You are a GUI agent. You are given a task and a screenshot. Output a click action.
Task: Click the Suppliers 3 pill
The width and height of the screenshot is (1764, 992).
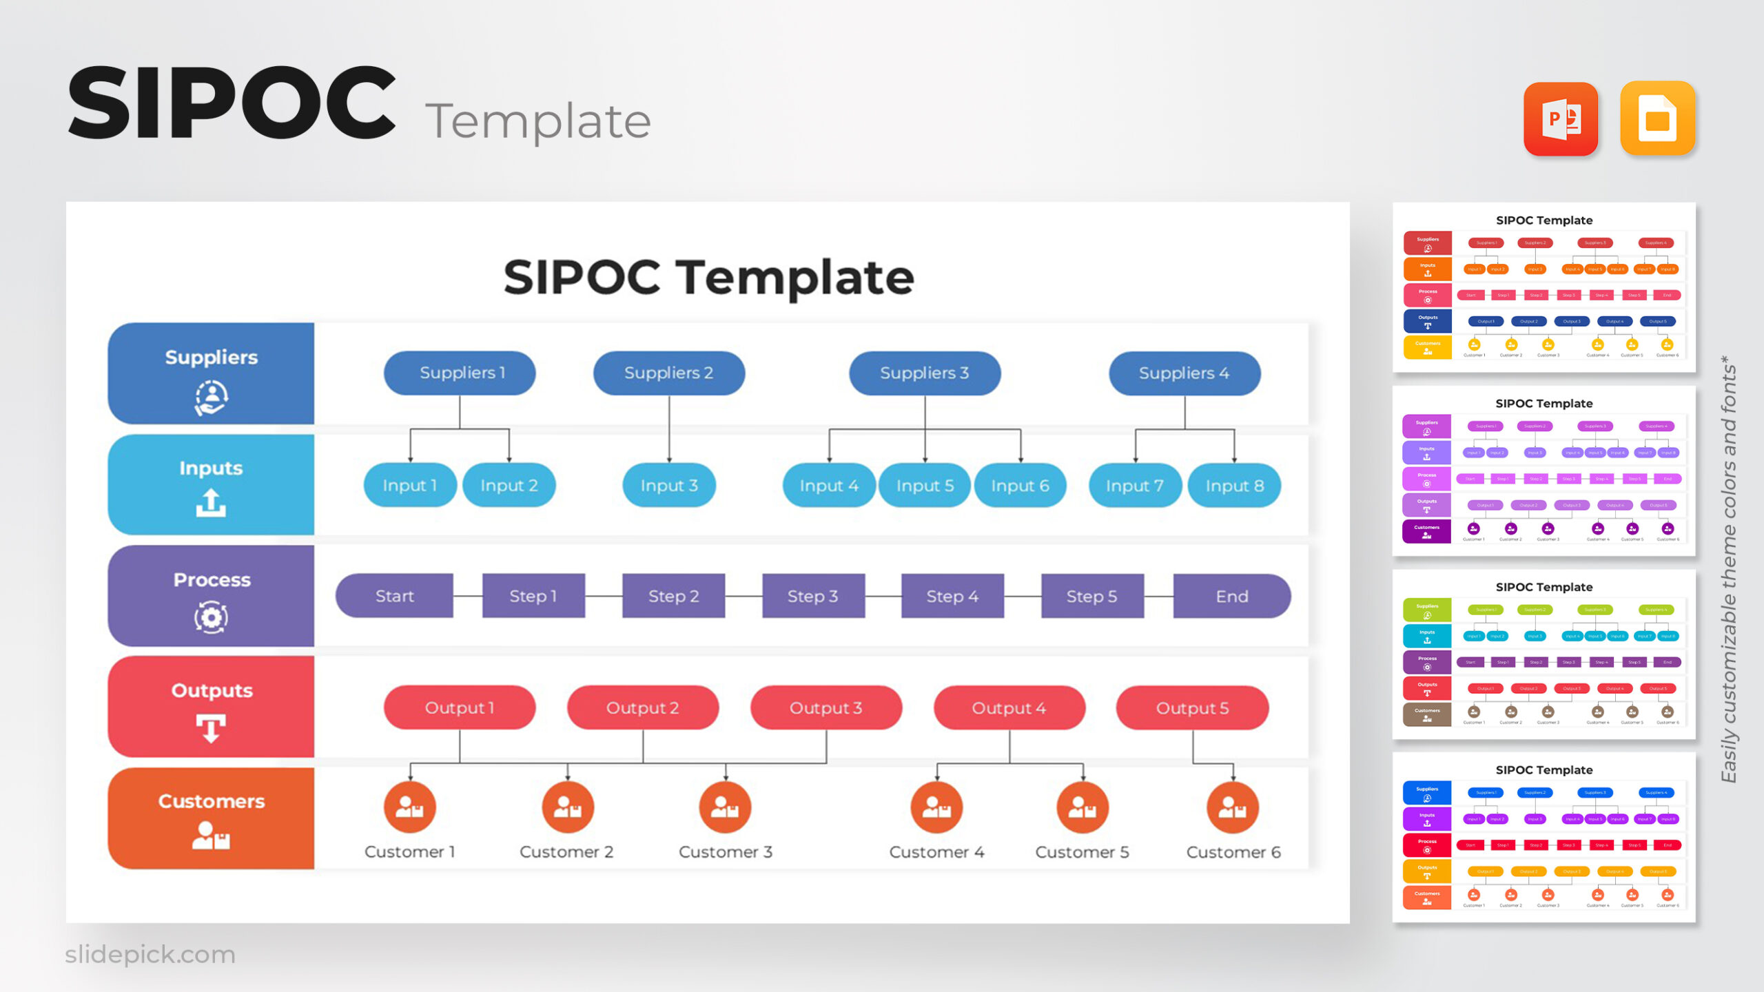click(924, 373)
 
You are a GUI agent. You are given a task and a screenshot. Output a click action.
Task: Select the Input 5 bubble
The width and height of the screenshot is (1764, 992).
click(924, 486)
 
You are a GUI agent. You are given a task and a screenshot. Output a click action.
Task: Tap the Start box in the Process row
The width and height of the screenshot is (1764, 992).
click(394, 596)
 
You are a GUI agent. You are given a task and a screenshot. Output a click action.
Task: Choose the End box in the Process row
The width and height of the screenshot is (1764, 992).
click(1231, 596)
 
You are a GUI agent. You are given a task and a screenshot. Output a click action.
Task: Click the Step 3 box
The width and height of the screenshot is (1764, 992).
click(812, 596)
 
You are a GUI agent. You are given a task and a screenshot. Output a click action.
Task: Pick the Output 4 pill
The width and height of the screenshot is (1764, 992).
click(1009, 707)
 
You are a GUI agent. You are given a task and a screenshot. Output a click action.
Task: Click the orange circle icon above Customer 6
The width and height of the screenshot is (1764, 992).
click(1232, 807)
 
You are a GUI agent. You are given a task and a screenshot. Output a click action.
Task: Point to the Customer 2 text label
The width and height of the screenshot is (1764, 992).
click(566, 852)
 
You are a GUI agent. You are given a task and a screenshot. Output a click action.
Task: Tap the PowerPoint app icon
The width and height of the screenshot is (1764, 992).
click(1560, 118)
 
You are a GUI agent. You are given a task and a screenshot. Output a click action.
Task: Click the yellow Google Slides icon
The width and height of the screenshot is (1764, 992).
click(1657, 118)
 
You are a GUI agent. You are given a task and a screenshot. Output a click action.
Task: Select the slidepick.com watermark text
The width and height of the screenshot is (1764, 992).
click(150, 954)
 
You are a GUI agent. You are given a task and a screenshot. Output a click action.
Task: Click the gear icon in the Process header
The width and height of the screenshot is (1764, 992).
click(211, 617)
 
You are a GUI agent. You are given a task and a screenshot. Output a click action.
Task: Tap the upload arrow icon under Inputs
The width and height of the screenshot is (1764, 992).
click(211, 503)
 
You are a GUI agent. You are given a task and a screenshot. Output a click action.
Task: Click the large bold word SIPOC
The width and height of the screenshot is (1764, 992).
click(232, 103)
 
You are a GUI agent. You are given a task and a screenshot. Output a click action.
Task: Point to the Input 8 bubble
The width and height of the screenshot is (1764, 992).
click(1234, 486)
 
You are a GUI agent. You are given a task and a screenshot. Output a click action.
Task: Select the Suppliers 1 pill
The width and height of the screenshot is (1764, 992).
click(460, 373)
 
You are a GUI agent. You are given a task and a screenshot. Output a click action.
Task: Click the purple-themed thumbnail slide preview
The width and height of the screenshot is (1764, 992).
click(1543, 471)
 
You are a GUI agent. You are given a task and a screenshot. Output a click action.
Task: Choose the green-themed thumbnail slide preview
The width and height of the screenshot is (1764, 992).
click(1543, 654)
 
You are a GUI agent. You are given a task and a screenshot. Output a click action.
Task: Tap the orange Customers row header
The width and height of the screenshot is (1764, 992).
click(211, 818)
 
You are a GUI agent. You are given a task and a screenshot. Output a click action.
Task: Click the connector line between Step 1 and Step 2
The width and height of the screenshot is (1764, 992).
click(604, 596)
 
